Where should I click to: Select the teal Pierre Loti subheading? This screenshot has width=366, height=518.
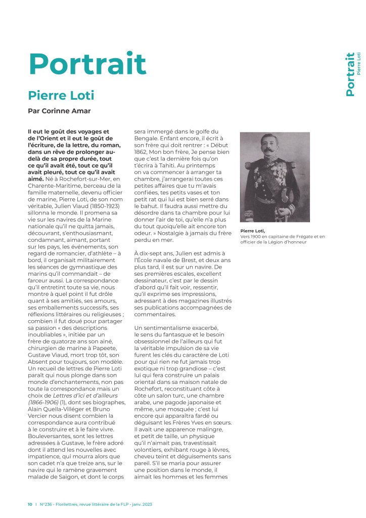61,95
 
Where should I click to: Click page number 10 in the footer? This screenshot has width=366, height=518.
30,504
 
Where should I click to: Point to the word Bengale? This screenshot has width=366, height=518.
148,138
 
